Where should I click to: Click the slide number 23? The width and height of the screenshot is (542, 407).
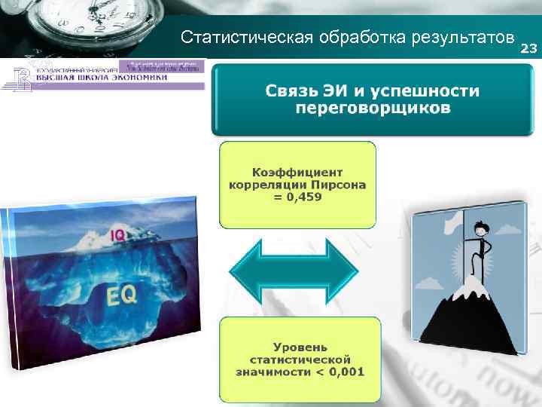(x=529, y=49)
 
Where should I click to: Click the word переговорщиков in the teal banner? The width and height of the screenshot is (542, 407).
(x=373, y=109)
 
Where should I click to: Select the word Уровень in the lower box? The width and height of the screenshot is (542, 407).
(x=300, y=347)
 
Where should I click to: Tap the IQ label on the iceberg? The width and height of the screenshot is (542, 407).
(x=117, y=235)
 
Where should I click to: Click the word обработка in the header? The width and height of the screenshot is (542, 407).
(x=352, y=38)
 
